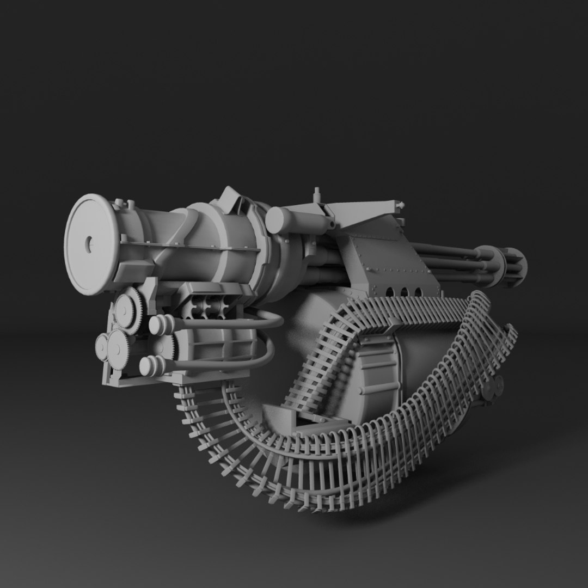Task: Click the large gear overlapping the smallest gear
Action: pos(119,349)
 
